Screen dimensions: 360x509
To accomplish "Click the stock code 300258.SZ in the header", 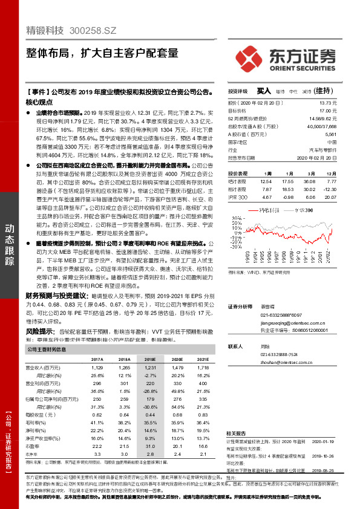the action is (x=93, y=30).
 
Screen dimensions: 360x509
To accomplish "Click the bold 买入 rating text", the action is (x=263, y=91).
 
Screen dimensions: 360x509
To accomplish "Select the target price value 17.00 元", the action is (x=327, y=111).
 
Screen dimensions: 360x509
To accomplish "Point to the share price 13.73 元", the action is (x=327, y=105).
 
